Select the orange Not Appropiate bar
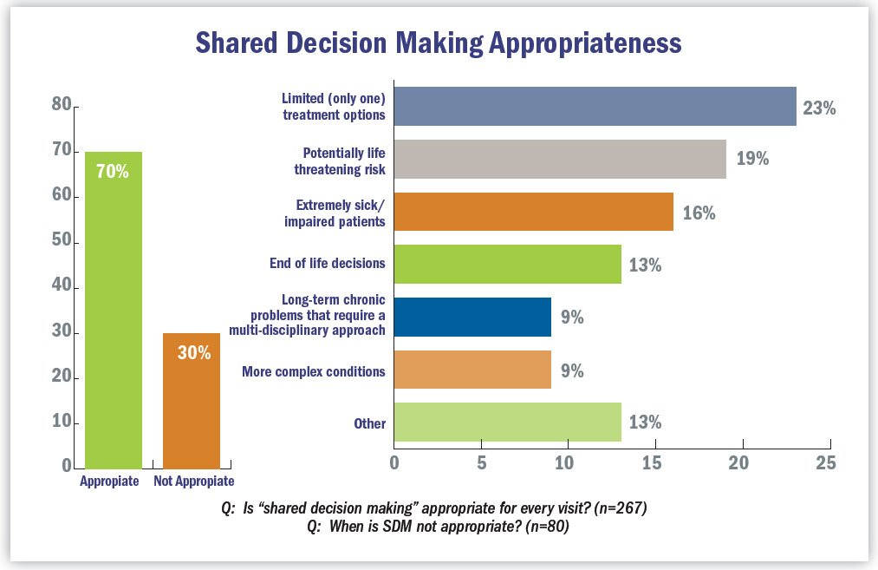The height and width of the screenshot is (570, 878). point(192,400)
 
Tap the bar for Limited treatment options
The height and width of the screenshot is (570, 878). point(595,107)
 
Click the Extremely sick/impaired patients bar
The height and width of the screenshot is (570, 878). point(534,213)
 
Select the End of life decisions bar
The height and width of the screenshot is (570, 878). point(508,265)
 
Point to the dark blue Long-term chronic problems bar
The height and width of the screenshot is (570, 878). point(473,317)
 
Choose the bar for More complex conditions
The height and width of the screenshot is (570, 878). point(473,370)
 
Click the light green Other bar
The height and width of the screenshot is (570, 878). point(508,423)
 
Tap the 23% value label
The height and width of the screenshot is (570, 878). point(818,108)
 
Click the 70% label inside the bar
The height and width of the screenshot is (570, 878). point(113,172)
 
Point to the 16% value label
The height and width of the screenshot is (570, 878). point(698,213)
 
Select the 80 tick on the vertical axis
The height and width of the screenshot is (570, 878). point(61,105)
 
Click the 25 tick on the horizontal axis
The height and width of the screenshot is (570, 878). point(826,462)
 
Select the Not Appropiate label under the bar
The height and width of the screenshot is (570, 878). point(193,482)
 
